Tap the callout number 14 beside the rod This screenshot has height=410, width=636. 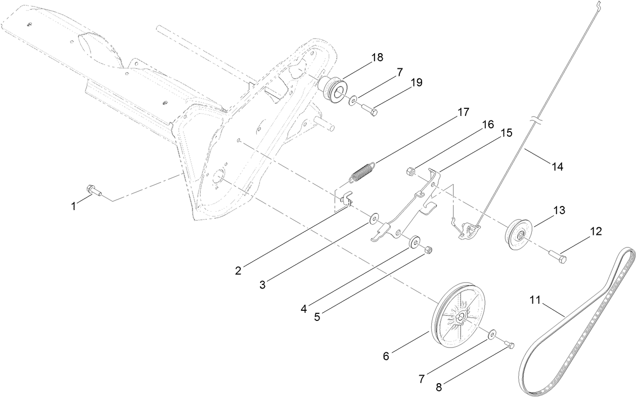tap(557, 167)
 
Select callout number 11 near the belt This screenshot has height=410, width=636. tap(535, 300)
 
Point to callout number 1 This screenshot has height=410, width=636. tap(74, 206)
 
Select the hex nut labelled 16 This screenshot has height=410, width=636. tap(411, 171)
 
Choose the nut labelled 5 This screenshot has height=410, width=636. tap(428, 250)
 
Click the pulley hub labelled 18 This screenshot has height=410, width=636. tap(333, 87)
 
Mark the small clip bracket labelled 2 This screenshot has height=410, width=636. tap(344, 198)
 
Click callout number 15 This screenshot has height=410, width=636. tap(506, 133)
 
